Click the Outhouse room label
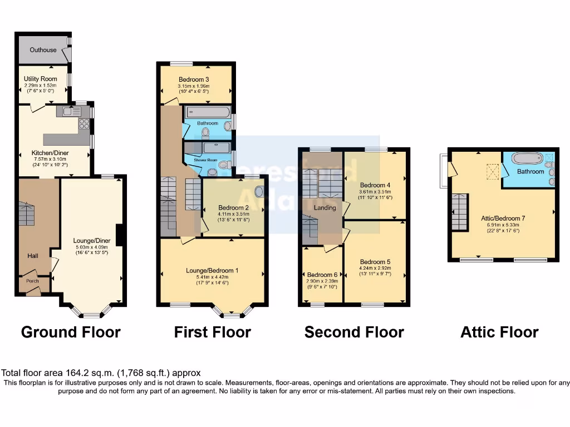43,50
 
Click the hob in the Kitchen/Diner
84,123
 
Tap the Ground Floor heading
71,332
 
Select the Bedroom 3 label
194,79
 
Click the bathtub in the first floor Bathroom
207,112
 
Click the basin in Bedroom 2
259,191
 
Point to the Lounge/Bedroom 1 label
212,271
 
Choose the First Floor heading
212,332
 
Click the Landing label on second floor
325,208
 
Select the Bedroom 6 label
322,275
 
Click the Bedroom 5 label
375,262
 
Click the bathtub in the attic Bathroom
526,158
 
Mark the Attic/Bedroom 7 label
504,219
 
